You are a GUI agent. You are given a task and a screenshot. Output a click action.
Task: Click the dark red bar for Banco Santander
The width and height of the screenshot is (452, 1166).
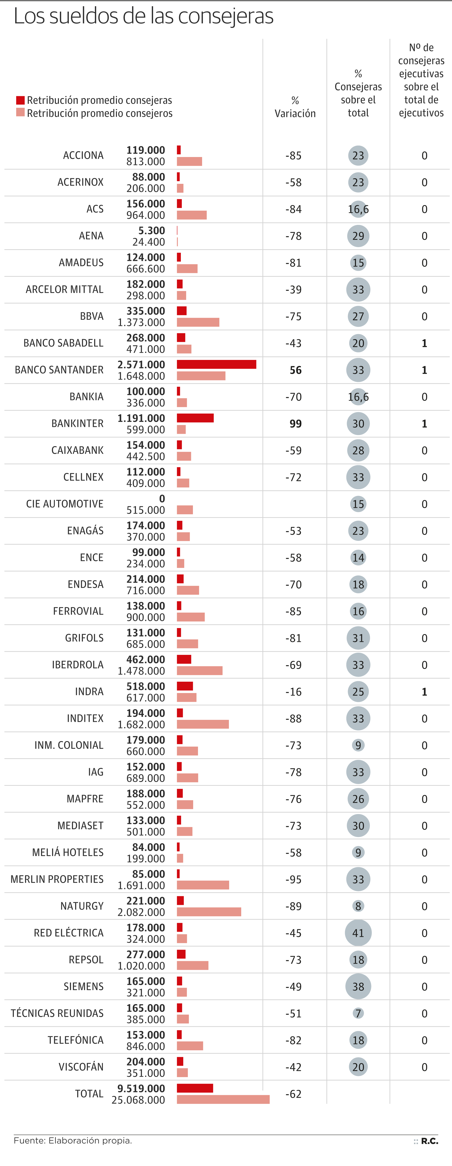point(216,364)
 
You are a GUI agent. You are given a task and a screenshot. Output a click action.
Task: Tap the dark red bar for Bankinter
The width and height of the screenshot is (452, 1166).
point(195,418)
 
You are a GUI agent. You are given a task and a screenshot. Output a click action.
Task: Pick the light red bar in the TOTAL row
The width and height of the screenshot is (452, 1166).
point(223,1100)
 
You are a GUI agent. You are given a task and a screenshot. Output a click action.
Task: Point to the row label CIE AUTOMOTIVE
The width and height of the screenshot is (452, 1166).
point(65,504)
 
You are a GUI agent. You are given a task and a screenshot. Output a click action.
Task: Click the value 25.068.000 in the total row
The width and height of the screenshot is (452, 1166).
point(138,1100)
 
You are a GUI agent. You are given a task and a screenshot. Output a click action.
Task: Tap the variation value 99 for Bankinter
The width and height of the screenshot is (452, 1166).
point(296,424)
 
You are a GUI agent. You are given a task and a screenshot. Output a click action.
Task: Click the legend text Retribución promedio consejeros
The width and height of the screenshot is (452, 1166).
point(99,113)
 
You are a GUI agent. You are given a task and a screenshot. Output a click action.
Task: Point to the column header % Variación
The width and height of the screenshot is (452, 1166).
point(295,107)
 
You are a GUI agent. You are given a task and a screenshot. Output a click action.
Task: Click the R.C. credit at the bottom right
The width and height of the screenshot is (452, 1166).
point(429,1141)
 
